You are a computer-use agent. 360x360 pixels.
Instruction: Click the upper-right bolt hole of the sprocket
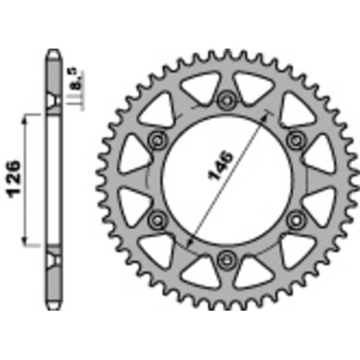(295, 139)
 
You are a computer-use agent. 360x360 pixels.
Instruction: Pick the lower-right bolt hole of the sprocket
(295, 217)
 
